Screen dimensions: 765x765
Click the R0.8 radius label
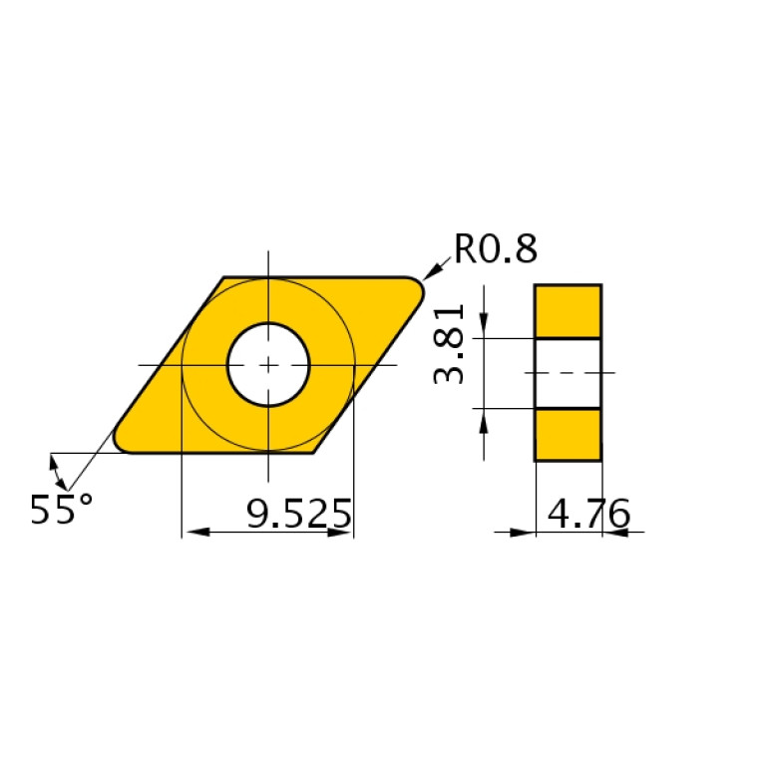coord(496,248)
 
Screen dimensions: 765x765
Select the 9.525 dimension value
coord(298,515)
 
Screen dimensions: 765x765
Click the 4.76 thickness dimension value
coord(588,515)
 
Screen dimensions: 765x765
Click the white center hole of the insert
coord(268,364)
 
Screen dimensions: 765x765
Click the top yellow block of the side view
coord(568,311)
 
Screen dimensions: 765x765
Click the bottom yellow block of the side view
coord(568,435)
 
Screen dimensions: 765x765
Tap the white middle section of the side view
coord(568,373)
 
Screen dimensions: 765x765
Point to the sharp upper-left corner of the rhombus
coord(223,278)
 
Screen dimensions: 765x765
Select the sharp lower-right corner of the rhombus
coord(314,452)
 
